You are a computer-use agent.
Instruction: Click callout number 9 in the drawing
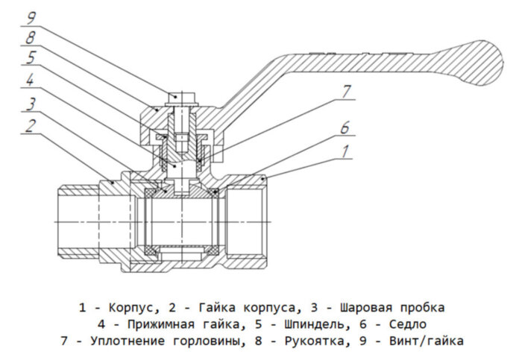click(31, 15)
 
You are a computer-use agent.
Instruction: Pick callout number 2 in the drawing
click(31, 126)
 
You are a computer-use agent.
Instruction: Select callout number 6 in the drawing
click(345, 127)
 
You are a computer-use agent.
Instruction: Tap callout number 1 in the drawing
click(345, 151)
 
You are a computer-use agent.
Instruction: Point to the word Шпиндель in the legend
click(322, 325)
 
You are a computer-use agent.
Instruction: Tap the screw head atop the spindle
click(176, 96)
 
